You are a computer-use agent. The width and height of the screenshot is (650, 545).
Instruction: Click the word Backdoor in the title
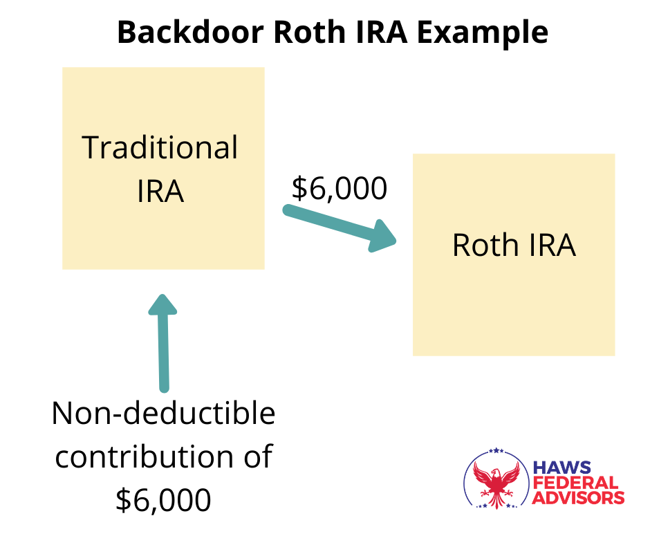click(191, 32)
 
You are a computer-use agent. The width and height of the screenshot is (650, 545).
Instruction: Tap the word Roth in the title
click(309, 32)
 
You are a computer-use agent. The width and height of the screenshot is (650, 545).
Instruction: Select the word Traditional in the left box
click(160, 147)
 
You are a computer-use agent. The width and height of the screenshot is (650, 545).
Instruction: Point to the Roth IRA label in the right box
click(514, 245)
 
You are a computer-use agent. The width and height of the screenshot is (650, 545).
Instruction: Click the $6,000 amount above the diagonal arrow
click(340, 188)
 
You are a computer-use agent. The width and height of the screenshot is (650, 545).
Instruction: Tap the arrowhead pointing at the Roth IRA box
click(382, 237)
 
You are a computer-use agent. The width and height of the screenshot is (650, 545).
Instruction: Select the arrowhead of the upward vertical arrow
click(162, 304)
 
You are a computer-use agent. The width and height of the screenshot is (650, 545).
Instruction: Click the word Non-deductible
click(163, 413)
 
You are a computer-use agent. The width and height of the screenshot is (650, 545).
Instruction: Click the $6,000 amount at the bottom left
click(163, 500)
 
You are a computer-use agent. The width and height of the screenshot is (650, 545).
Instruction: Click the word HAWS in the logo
click(561, 468)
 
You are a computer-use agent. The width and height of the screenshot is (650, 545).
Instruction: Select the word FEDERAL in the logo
click(575, 482)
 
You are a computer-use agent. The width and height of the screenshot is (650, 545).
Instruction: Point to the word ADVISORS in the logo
click(578, 497)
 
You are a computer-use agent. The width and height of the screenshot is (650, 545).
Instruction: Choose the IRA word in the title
click(381, 32)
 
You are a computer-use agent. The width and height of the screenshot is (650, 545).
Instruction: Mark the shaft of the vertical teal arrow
click(163, 353)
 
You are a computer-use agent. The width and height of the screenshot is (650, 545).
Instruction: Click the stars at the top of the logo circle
click(496, 450)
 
